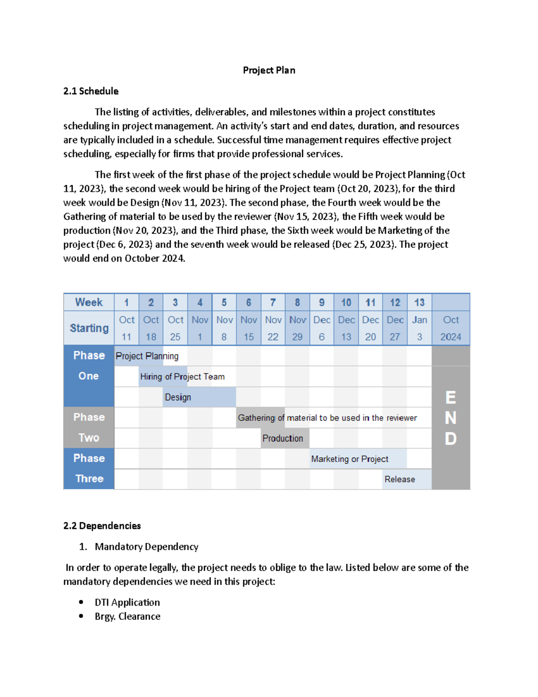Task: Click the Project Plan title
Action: coord(269,70)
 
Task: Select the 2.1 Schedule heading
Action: coord(91,91)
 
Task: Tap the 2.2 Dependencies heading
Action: coord(102,526)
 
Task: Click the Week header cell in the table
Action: coord(89,302)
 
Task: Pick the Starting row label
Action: coord(89,328)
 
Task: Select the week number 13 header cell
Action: coord(419,302)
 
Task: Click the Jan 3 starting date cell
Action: coord(419,328)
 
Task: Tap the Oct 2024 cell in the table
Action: coord(451,328)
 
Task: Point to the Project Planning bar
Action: coord(147,356)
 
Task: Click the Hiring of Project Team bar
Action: coord(182,377)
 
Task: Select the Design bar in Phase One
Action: coord(199,397)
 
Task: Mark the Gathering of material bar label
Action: coord(327,418)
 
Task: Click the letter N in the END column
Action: coord(451,418)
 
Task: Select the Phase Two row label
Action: coord(89,427)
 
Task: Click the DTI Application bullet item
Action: coord(127,602)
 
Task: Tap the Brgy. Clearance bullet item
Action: coord(127,616)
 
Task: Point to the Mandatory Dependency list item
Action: coord(146,547)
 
